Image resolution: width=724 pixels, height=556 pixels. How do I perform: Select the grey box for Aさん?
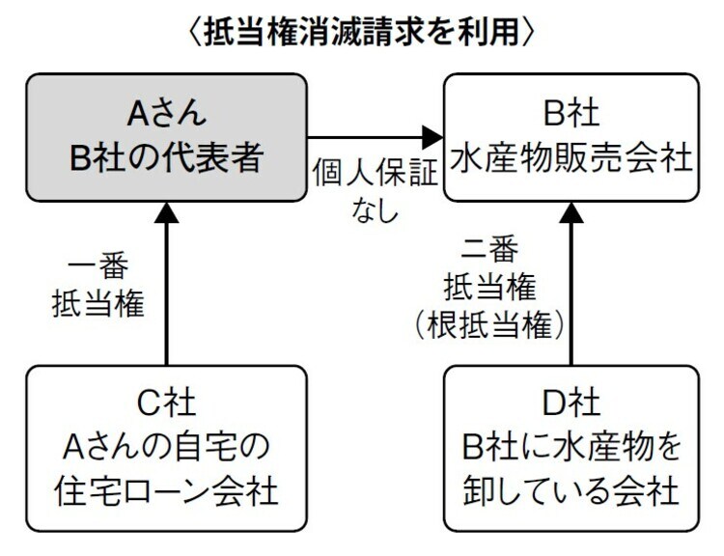pos(166,137)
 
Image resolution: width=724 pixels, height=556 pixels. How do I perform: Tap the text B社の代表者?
pos(166,158)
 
